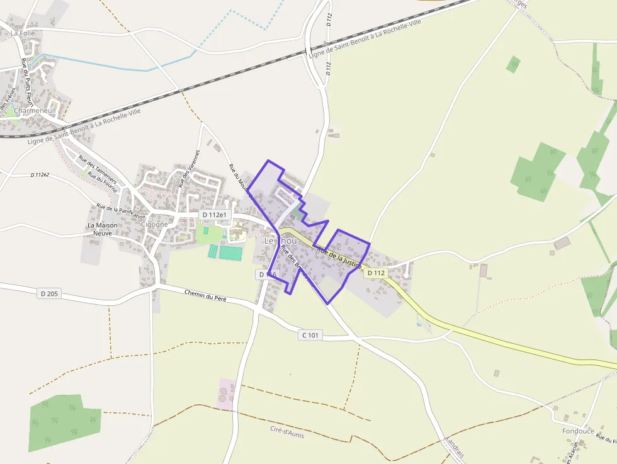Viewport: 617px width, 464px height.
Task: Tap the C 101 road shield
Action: pyautogui.click(x=310, y=336)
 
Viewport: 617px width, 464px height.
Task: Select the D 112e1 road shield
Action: pyautogui.click(x=213, y=215)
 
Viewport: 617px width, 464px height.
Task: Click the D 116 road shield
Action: pyautogui.click(x=267, y=274)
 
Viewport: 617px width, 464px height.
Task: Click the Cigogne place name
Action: pyautogui.click(x=154, y=224)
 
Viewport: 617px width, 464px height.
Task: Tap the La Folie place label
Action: pyautogui.click(x=23, y=33)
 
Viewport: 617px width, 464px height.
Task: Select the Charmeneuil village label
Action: pyautogui.click(x=35, y=111)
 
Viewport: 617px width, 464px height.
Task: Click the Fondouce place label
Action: pyautogui.click(x=578, y=431)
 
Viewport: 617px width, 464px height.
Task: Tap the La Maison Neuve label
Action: pyautogui.click(x=103, y=229)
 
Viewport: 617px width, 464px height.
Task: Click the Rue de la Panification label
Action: pyautogui.click(x=121, y=212)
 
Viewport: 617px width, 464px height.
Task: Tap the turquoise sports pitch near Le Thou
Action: pyautogui.click(x=230, y=253)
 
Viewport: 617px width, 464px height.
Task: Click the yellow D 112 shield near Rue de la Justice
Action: pyautogui.click(x=375, y=273)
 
